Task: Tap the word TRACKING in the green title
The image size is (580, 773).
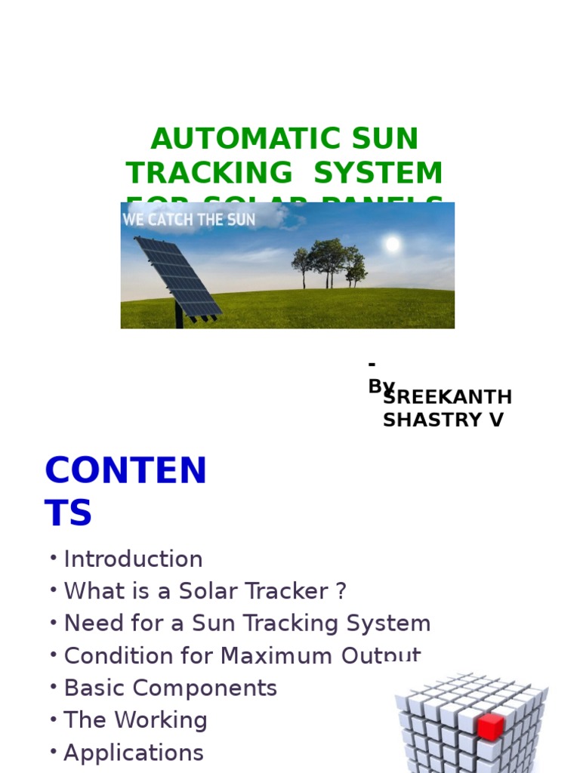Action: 208,173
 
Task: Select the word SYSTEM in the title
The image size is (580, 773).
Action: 378,173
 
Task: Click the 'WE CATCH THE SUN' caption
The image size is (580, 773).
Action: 189,220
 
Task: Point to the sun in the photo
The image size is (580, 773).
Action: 392,244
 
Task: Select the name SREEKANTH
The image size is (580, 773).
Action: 447,397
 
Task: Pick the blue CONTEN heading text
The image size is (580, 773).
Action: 125,471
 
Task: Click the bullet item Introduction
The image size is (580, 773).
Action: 133,559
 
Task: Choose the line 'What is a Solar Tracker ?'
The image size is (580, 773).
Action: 205,591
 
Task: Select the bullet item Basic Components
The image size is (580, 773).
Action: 170,688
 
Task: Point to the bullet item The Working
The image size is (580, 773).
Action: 135,720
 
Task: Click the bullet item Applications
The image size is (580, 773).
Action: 134,753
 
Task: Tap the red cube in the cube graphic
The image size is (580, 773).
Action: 490,727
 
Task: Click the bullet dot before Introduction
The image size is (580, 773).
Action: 54,558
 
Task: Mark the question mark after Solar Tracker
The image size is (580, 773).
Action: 341,591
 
